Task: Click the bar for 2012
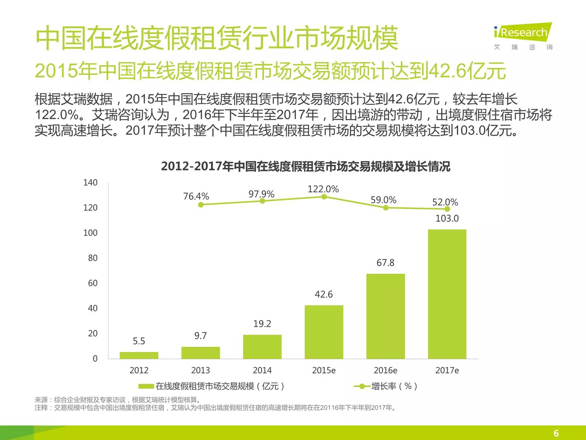click(x=139, y=355)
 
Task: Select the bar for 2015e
click(x=324, y=332)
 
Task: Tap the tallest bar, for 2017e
click(x=447, y=294)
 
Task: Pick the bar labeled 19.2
click(x=262, y=346)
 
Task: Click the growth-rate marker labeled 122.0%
click(x=324, y=197)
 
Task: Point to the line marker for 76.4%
click(x=201, y=205)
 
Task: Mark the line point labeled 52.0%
click(x=447, y=209)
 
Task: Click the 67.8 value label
click(x=385, y=263)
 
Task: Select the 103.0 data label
click(x=447, y=219)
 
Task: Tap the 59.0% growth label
click(x=383, y=200)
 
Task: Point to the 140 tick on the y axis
click(x=90, y=183)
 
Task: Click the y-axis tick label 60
click(x=93, y=283)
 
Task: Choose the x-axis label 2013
click(x=200, y=370)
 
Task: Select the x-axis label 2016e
click(x=385, y=370)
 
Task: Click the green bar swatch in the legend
click(x=146, y=386)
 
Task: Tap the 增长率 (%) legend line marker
click(x=362, y=386)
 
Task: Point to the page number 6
click(x=556, y=433)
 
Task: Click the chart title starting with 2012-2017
click(x=305, y=166)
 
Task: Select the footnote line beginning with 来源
click(x=118, y=400)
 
